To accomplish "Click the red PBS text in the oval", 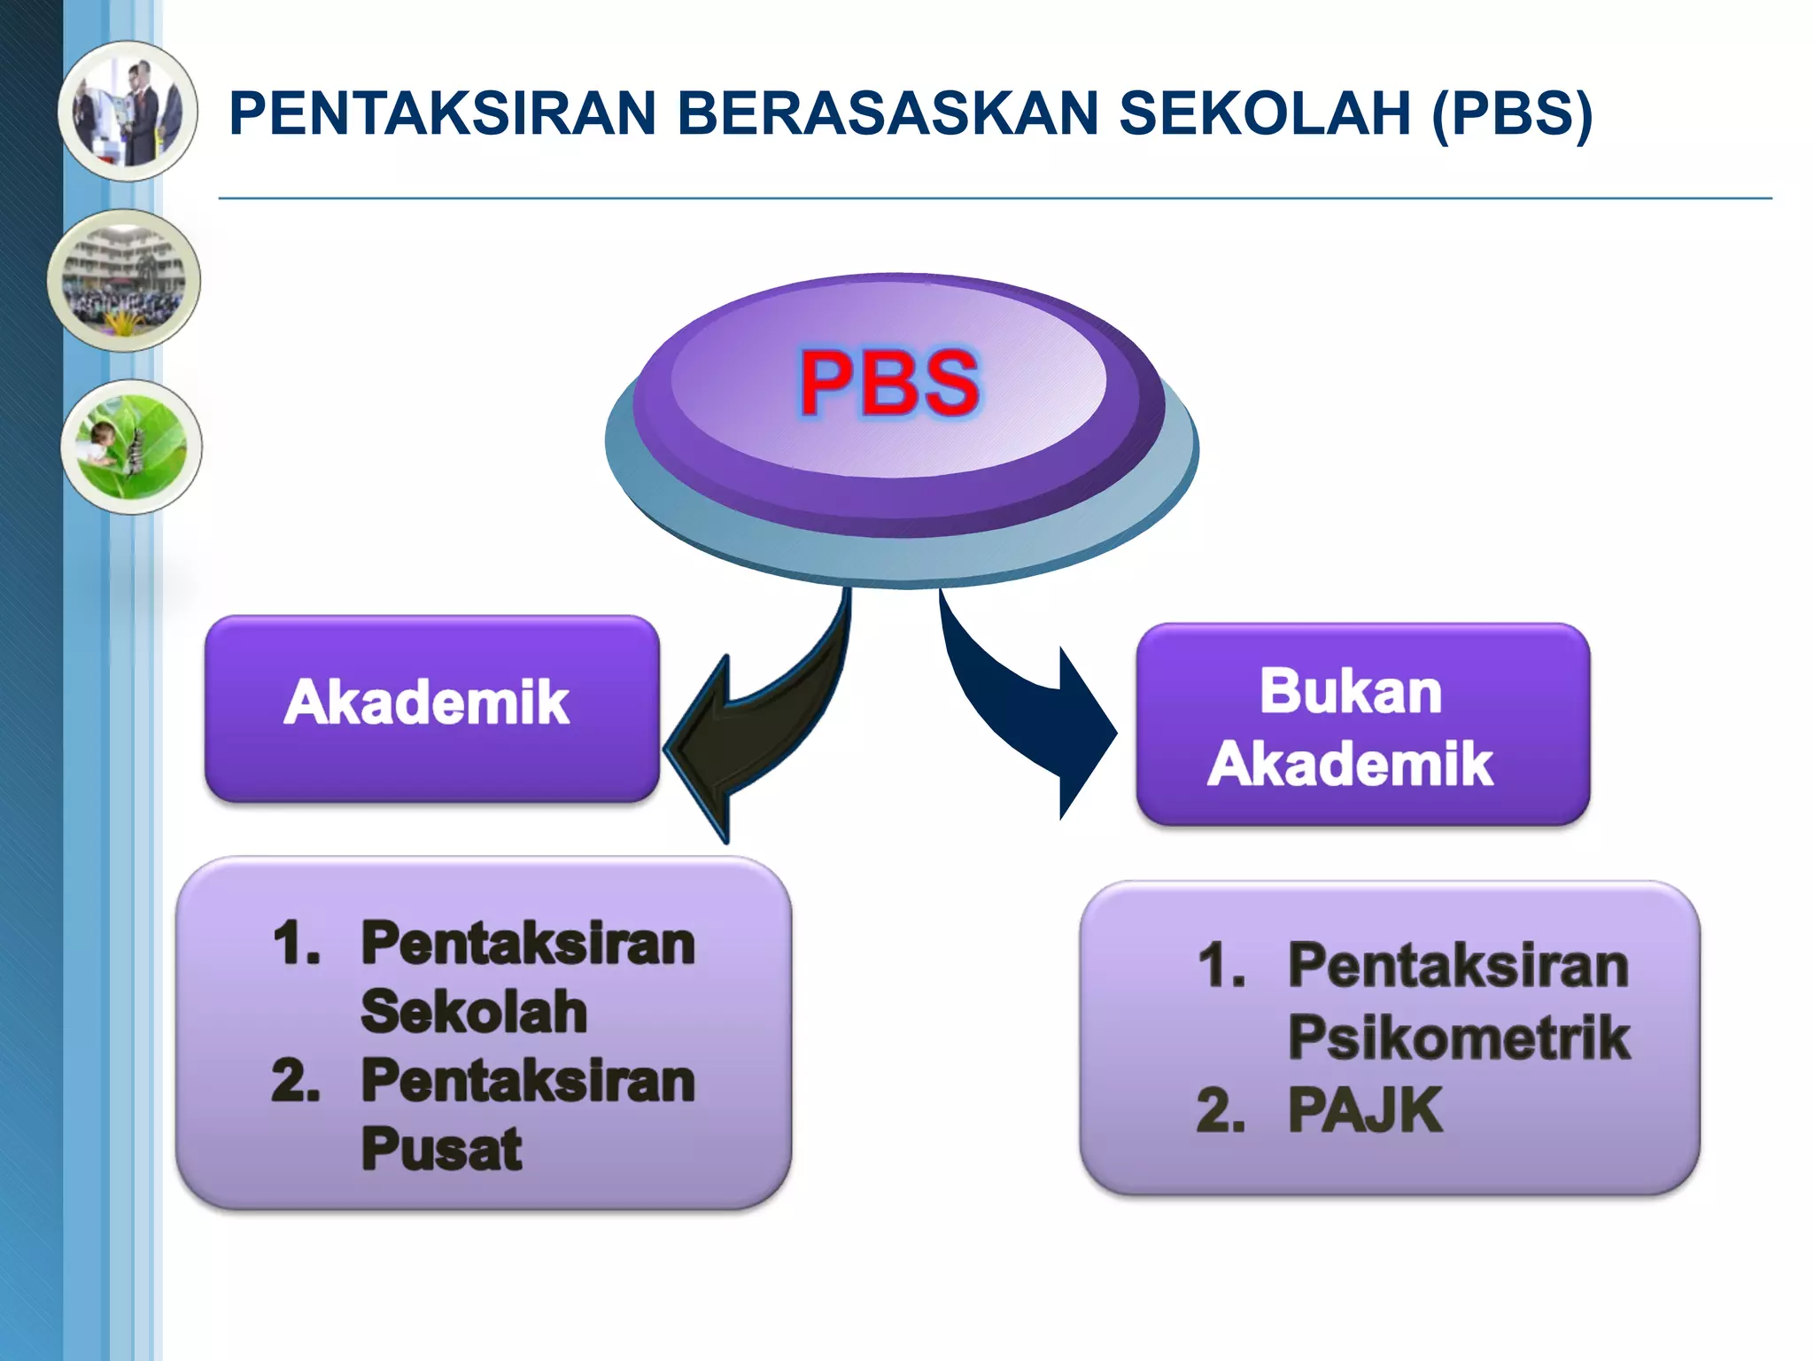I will click(x=889, y=383).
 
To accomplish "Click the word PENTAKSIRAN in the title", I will click(x=442, y=113).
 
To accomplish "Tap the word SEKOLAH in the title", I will click(x=1264, y=113).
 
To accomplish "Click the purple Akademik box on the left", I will click(x=431, y=709).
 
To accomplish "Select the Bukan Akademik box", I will click(x=1362, y=725).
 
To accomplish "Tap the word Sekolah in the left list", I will click(x=474, y=1012).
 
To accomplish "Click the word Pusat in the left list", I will click(x=441, y=1149).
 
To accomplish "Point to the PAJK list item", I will click(x=1364, y=1109).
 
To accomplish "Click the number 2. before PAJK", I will click(x=1221, y=1111).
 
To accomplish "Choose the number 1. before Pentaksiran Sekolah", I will click(x=297, y=943).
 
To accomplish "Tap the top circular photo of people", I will click(x=128, y=112).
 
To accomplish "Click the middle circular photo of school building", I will click(x=124, y=281).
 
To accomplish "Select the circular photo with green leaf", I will click(x=131, y=447).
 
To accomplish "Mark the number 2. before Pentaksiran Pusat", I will click(x=296, y=1082).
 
